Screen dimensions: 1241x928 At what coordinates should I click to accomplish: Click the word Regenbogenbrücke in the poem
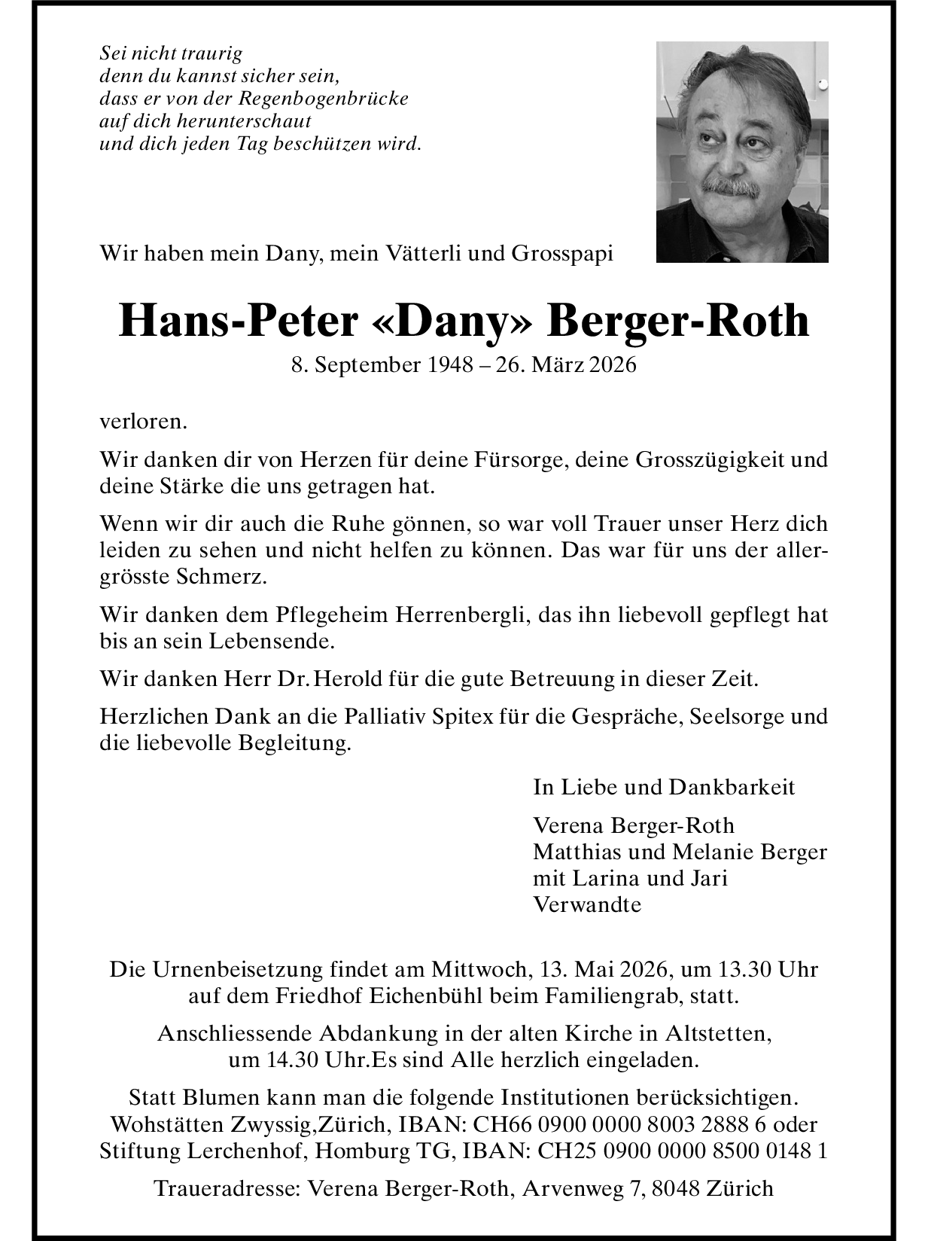point(324,99)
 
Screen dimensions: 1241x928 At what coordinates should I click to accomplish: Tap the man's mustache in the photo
point(730,186)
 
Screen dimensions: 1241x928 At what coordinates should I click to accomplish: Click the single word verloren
point(143,422)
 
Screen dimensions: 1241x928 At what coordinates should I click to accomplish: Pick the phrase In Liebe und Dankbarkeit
point(664,788)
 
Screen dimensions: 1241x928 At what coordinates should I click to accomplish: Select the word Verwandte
point(587,905)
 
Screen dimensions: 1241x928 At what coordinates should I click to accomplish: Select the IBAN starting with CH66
point(624,1125)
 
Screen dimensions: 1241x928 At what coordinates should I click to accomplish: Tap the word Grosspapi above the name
point(562,254)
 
